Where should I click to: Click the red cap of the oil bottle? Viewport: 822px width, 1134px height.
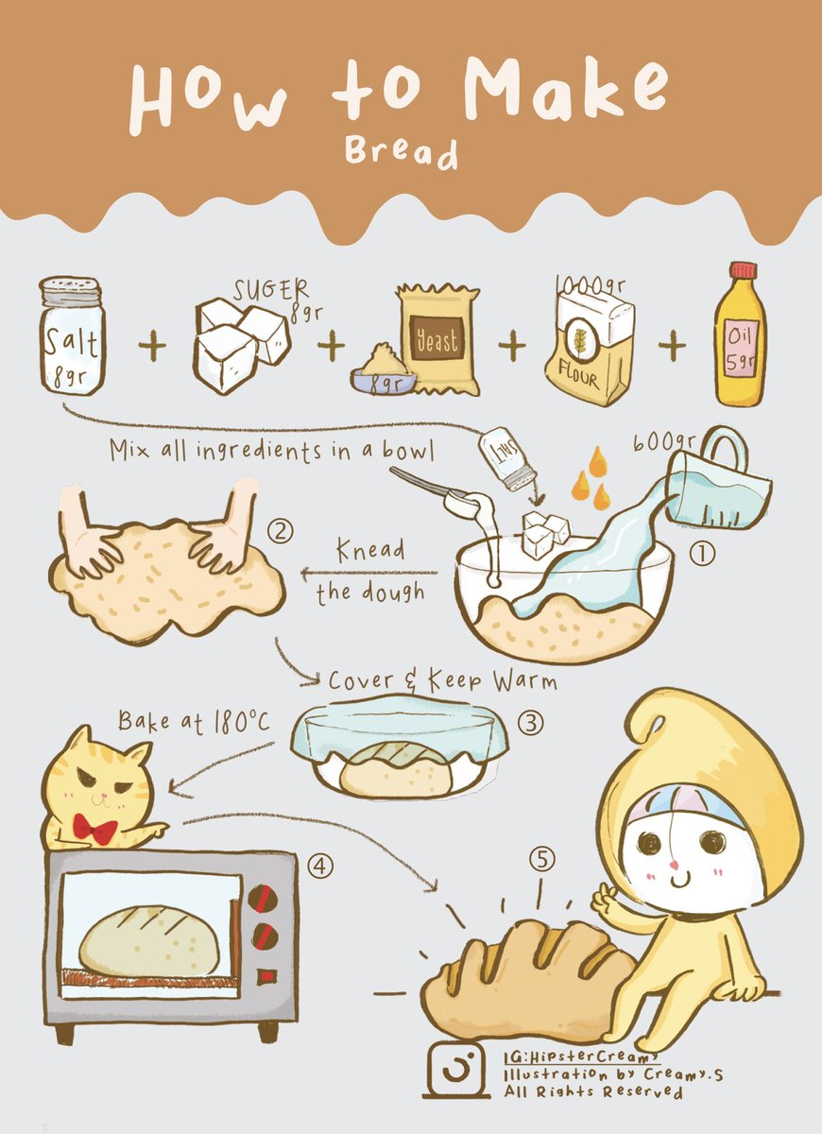[x=743, y=270]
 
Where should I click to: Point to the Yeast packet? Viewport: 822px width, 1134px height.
[x=437, y=338]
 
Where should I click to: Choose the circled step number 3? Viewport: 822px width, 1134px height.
[x=531, y=724]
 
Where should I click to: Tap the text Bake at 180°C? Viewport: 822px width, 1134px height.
[x=194, y=722]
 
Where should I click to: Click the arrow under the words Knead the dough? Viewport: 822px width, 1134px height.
[x=368, y=572]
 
